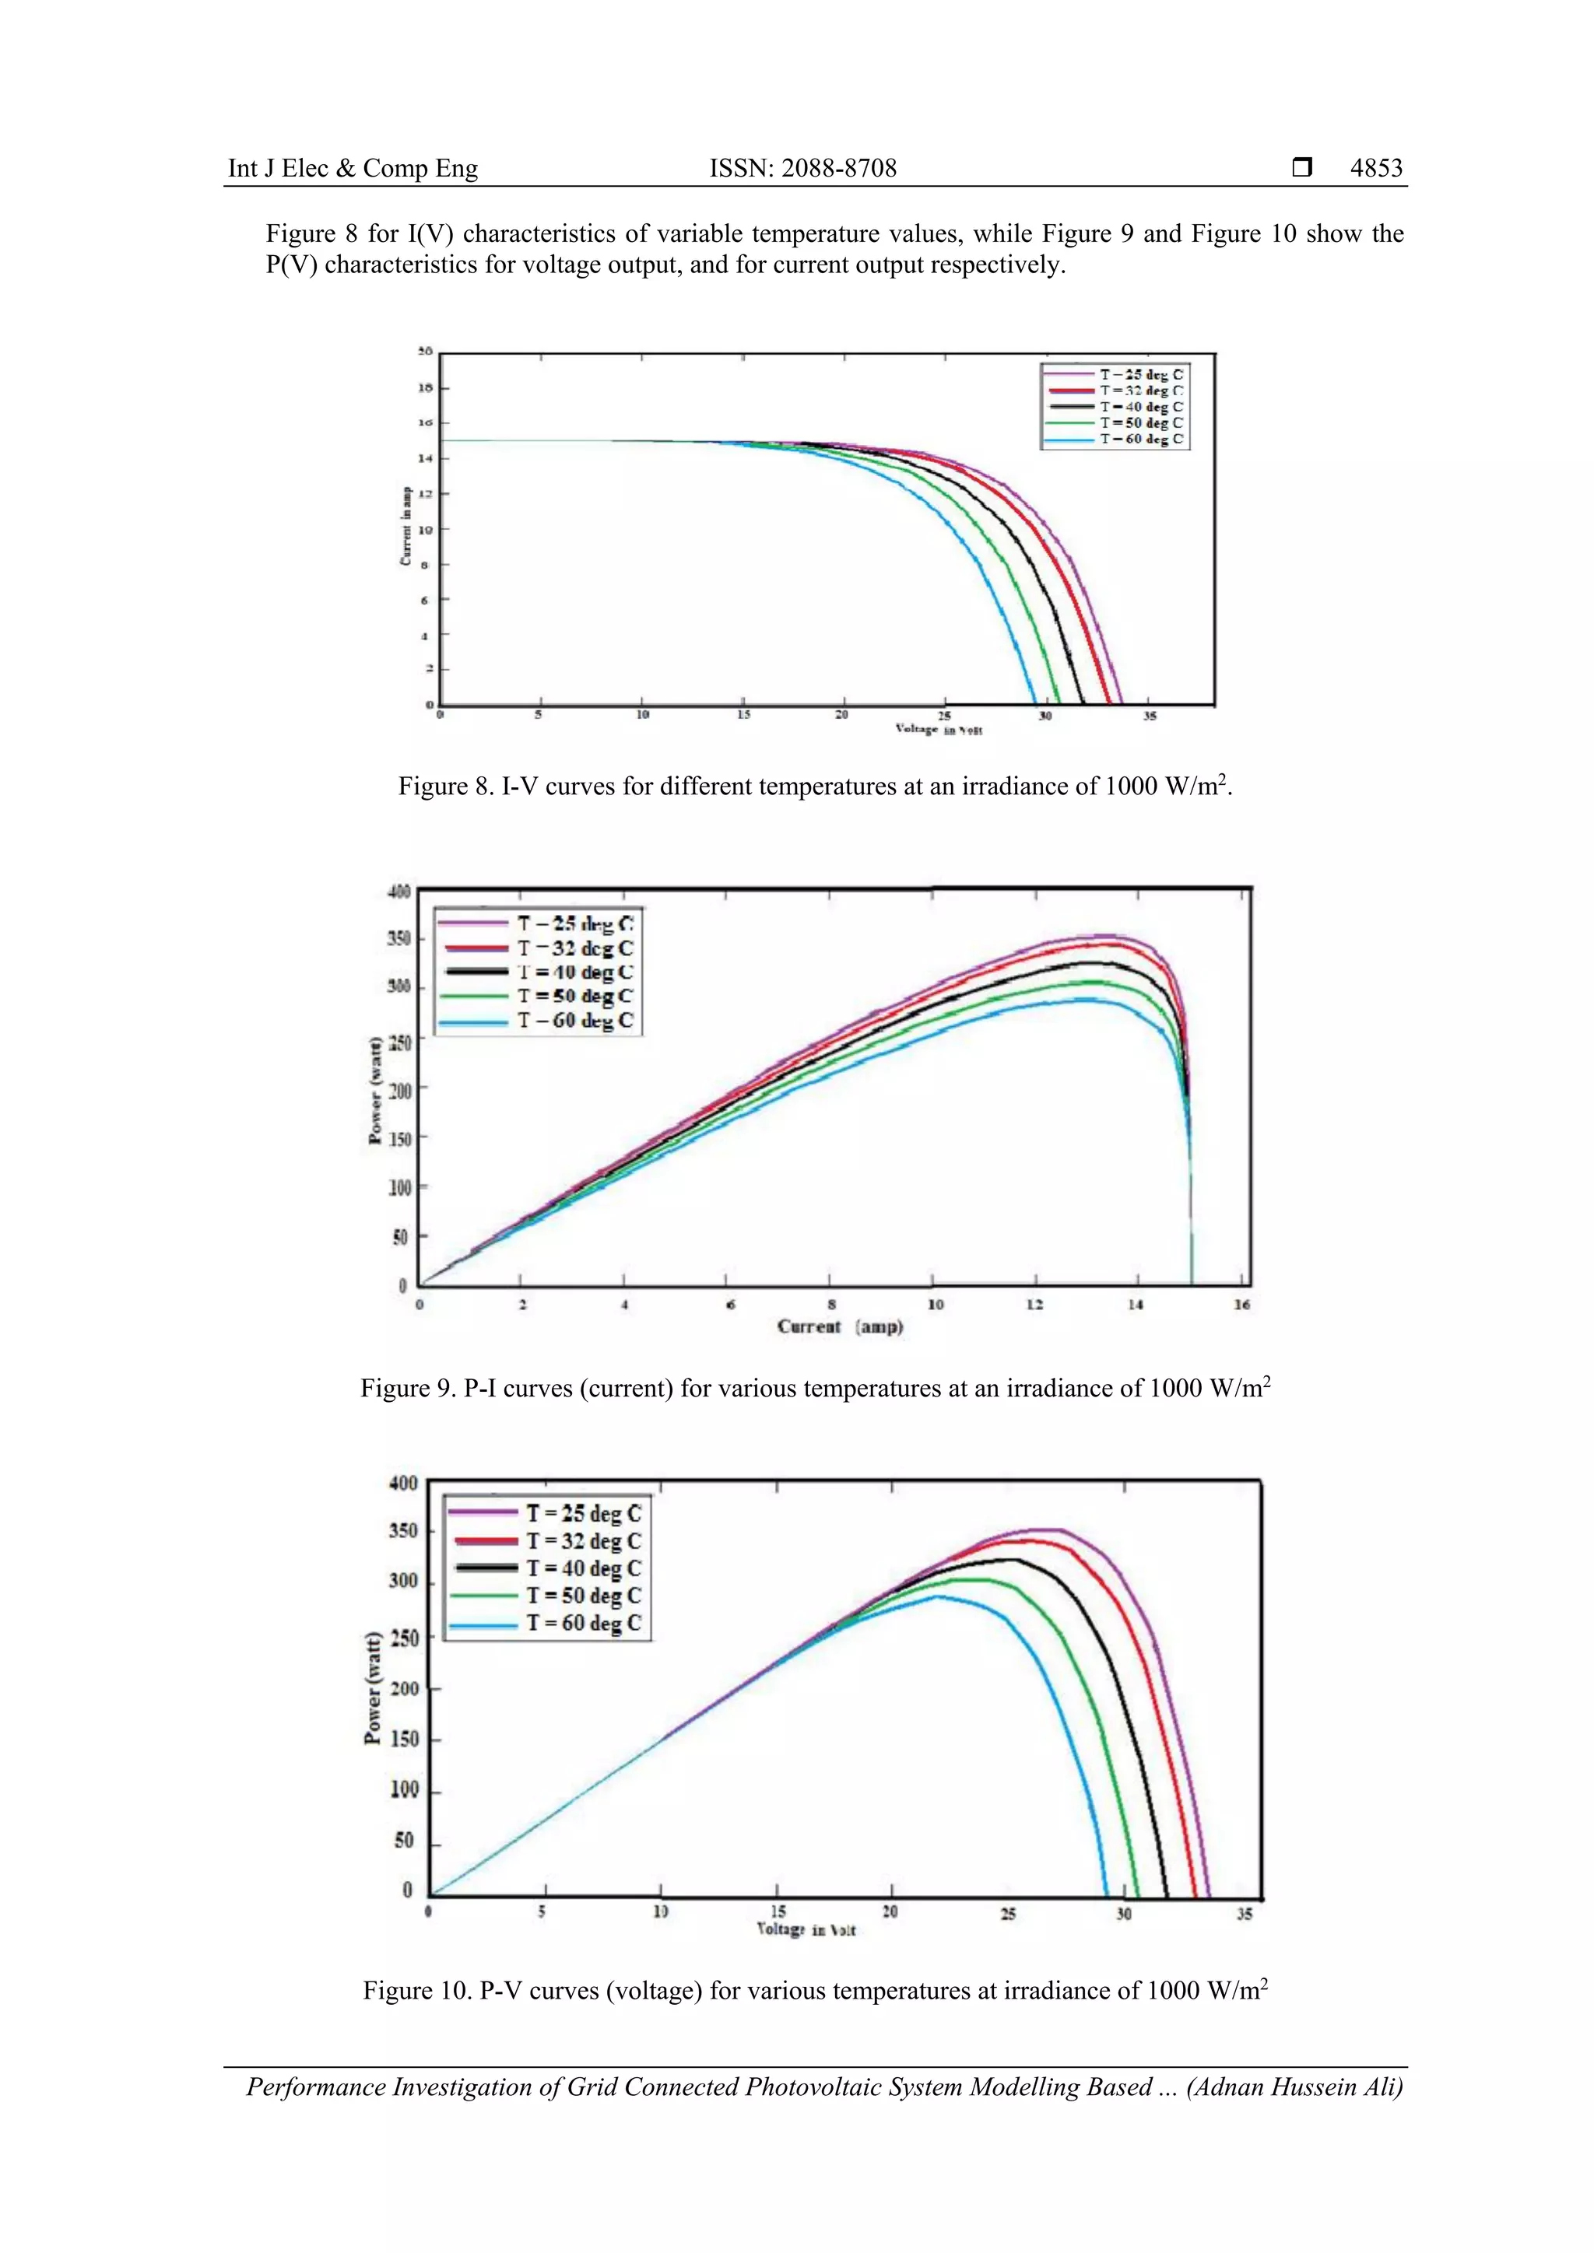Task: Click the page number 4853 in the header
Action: [x=1375, y=168]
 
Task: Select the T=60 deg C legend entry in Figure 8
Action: [x=1140, y=439]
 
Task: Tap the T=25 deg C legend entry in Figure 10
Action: [x=583, y=1513]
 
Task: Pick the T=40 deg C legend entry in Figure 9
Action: [x=575, y=972]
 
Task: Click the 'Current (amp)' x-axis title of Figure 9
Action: [x=839, y=1326]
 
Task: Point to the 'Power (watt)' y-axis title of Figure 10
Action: [x=373, y=1687]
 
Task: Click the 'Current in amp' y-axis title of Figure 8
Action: [x=406, y=526]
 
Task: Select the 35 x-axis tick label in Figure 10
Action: [x=1244, y=1914]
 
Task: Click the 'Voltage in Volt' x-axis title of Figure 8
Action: [x=939, y=729]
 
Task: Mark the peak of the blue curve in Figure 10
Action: [x=937, y=1596]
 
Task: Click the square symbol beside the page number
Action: [x=1301, y=168]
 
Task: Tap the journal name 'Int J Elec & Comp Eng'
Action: [x=353, y=168]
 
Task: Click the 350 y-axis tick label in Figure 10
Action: [x=403, y=1531]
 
